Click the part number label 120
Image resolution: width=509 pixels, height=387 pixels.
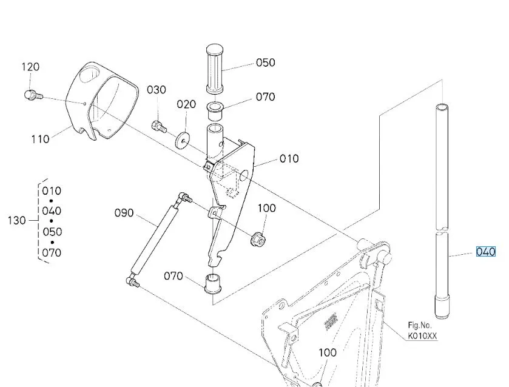pyautogui.click(x=31, y=67)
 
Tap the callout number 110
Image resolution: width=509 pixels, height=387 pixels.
pyautogui.click(x=40, y=139)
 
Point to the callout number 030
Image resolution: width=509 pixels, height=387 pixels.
pyautogui.click(x=156, y=90)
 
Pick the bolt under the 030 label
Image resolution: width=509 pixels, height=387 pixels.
pyautogui.click(x=159, y=127)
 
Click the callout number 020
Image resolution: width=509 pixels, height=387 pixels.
pyautogui.click(x=186, y=104)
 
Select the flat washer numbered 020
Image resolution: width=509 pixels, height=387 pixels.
pyautogui.click(x=182, y=140)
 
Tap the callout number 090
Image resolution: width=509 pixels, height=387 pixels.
pyautogui.click(x=124, y=213)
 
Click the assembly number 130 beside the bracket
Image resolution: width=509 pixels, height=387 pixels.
pyautogui.click(x=16, y=220)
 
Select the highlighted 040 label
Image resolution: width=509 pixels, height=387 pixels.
pyautogui.click(x=486, y=252)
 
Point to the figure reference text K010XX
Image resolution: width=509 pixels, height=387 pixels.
pyautogui.click(x=422, y=335)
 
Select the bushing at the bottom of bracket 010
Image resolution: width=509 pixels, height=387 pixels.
pyautogui.click(x=213, y=284)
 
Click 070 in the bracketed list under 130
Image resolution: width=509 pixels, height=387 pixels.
pyautogui.click(x=52, y=252)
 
